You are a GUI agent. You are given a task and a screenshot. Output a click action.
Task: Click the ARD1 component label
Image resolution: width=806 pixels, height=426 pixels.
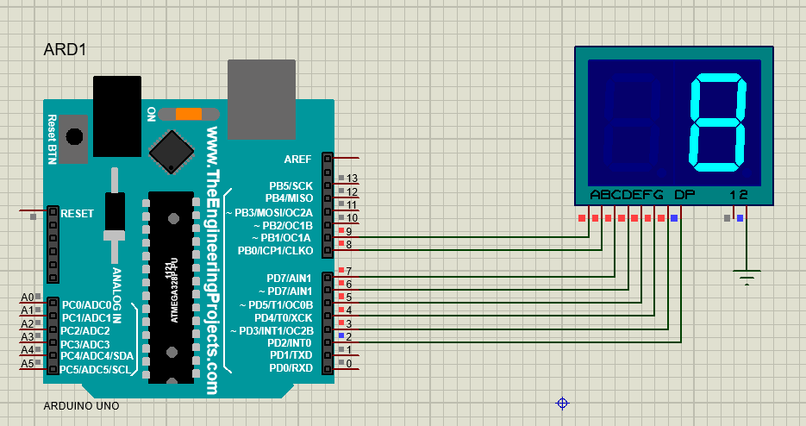[x=65, y=49]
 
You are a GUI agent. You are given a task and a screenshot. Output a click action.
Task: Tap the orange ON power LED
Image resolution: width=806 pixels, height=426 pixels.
[x=188, y=114]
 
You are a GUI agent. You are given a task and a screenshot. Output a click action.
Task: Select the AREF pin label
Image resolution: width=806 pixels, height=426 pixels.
[x=298, y=159]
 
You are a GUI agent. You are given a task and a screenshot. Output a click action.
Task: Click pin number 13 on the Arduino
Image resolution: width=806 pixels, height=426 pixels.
[x=352, y=178]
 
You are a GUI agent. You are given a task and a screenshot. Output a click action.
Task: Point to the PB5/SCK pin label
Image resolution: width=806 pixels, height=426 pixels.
[x=291, y=185]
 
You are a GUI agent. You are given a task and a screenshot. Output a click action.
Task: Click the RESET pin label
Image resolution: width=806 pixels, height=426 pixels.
[x=78, y=213]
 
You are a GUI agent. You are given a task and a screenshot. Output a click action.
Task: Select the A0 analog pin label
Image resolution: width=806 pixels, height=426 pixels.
[x=27, y=297]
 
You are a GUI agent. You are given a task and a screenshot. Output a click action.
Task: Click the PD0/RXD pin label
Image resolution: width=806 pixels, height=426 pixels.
[x=292, y=368]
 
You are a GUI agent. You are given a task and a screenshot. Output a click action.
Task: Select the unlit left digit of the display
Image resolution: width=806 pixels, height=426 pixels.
[x=634, y=122]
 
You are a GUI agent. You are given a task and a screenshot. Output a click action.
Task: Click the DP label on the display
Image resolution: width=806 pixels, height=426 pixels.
[x=684, y=195]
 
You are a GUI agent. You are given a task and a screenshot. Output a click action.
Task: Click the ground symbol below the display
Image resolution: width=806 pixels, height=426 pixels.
[x=747, y=277]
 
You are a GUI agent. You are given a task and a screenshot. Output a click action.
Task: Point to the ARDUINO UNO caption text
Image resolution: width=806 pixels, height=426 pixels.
[x=81, y=405]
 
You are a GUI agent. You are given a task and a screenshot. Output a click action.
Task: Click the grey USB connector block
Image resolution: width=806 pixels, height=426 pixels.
[x=261, y=97]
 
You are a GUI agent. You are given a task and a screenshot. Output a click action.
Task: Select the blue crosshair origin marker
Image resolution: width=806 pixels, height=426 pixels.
[x=562, y=403]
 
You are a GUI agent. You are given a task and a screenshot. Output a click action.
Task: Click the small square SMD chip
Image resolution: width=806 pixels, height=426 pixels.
[x=172, y=151]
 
